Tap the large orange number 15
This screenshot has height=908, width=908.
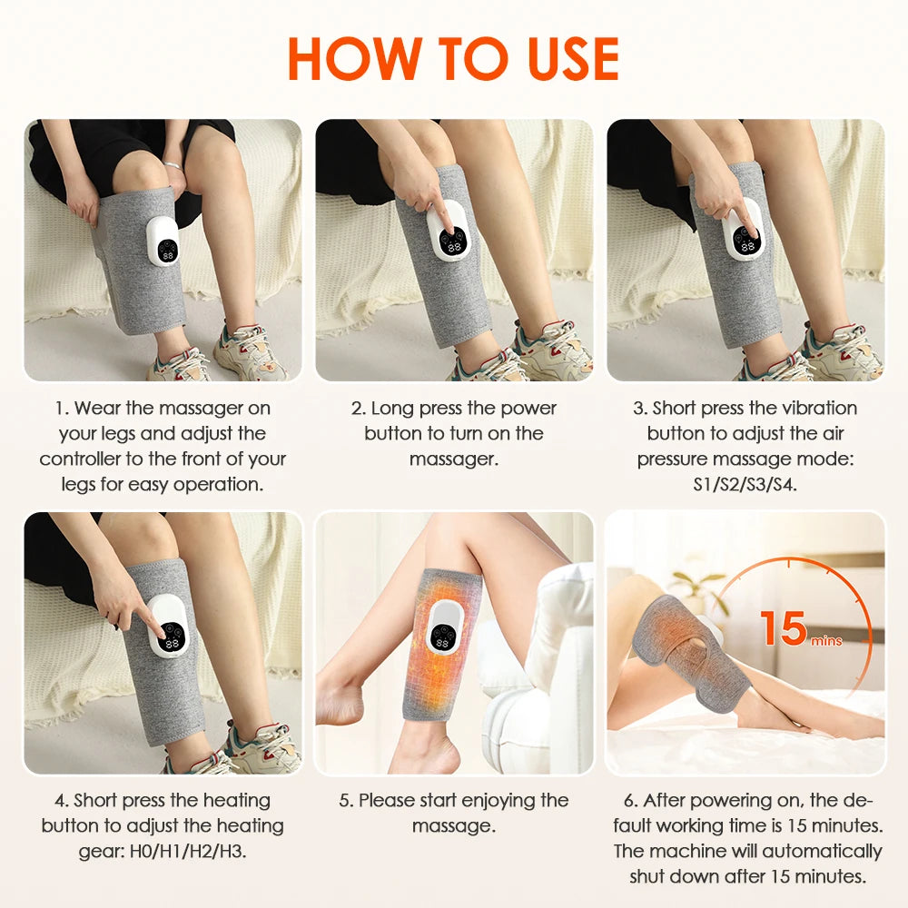point(783,628)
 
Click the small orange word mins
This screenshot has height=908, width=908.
point(826,641)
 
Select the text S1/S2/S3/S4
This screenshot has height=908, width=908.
point(745,484)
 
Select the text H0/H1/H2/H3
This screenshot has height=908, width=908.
point(208,851)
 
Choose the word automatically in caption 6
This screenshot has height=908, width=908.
point(822,852)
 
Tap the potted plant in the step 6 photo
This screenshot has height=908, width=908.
point(697,590)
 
